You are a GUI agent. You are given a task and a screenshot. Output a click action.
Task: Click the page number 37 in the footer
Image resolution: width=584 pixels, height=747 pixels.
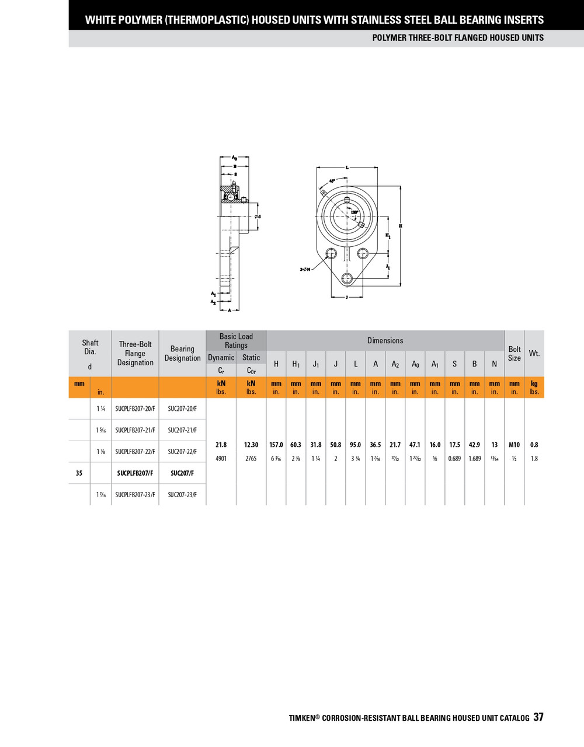pos(538,717)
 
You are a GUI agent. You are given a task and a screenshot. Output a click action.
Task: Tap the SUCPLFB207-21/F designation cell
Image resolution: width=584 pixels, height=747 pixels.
pos(135,430)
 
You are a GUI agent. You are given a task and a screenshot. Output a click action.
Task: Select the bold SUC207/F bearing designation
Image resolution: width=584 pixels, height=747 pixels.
pos(182,473)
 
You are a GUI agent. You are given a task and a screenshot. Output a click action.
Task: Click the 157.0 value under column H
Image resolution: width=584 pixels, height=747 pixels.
pos(276,445)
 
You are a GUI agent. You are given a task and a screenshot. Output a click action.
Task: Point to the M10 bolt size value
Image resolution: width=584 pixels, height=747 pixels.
pos(514,445)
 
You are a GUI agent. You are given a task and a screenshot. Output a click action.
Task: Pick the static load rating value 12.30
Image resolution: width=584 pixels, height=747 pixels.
pos(251,445)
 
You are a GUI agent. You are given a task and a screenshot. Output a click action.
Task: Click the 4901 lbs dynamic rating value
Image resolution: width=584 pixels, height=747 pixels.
pos(221,459)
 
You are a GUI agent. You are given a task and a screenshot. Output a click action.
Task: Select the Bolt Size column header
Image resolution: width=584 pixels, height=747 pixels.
pos(514,354)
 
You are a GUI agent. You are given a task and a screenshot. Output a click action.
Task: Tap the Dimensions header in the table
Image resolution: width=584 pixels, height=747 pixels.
pos(385,341)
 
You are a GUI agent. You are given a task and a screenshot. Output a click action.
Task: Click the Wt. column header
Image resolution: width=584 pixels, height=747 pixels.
pos(534,354)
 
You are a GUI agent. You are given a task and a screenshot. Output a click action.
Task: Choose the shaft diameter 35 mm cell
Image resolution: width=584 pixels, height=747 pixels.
pos(79,473)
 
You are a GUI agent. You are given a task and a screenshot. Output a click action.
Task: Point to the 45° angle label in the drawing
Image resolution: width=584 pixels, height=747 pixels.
pos(332,181)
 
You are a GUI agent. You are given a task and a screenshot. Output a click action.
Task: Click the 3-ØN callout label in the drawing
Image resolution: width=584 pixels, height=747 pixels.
pos(305,269)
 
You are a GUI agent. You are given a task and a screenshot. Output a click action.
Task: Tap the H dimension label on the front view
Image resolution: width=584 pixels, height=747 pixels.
pos(401,226)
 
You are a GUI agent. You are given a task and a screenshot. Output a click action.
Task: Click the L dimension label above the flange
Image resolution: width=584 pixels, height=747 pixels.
pos(347,167)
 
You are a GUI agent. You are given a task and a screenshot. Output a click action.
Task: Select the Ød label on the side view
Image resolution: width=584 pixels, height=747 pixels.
pos(258,217)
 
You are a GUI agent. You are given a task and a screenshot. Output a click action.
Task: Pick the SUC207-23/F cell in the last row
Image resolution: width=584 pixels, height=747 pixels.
pos(182,495)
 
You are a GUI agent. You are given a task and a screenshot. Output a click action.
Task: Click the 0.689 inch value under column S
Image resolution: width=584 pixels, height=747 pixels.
pos(454,459)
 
